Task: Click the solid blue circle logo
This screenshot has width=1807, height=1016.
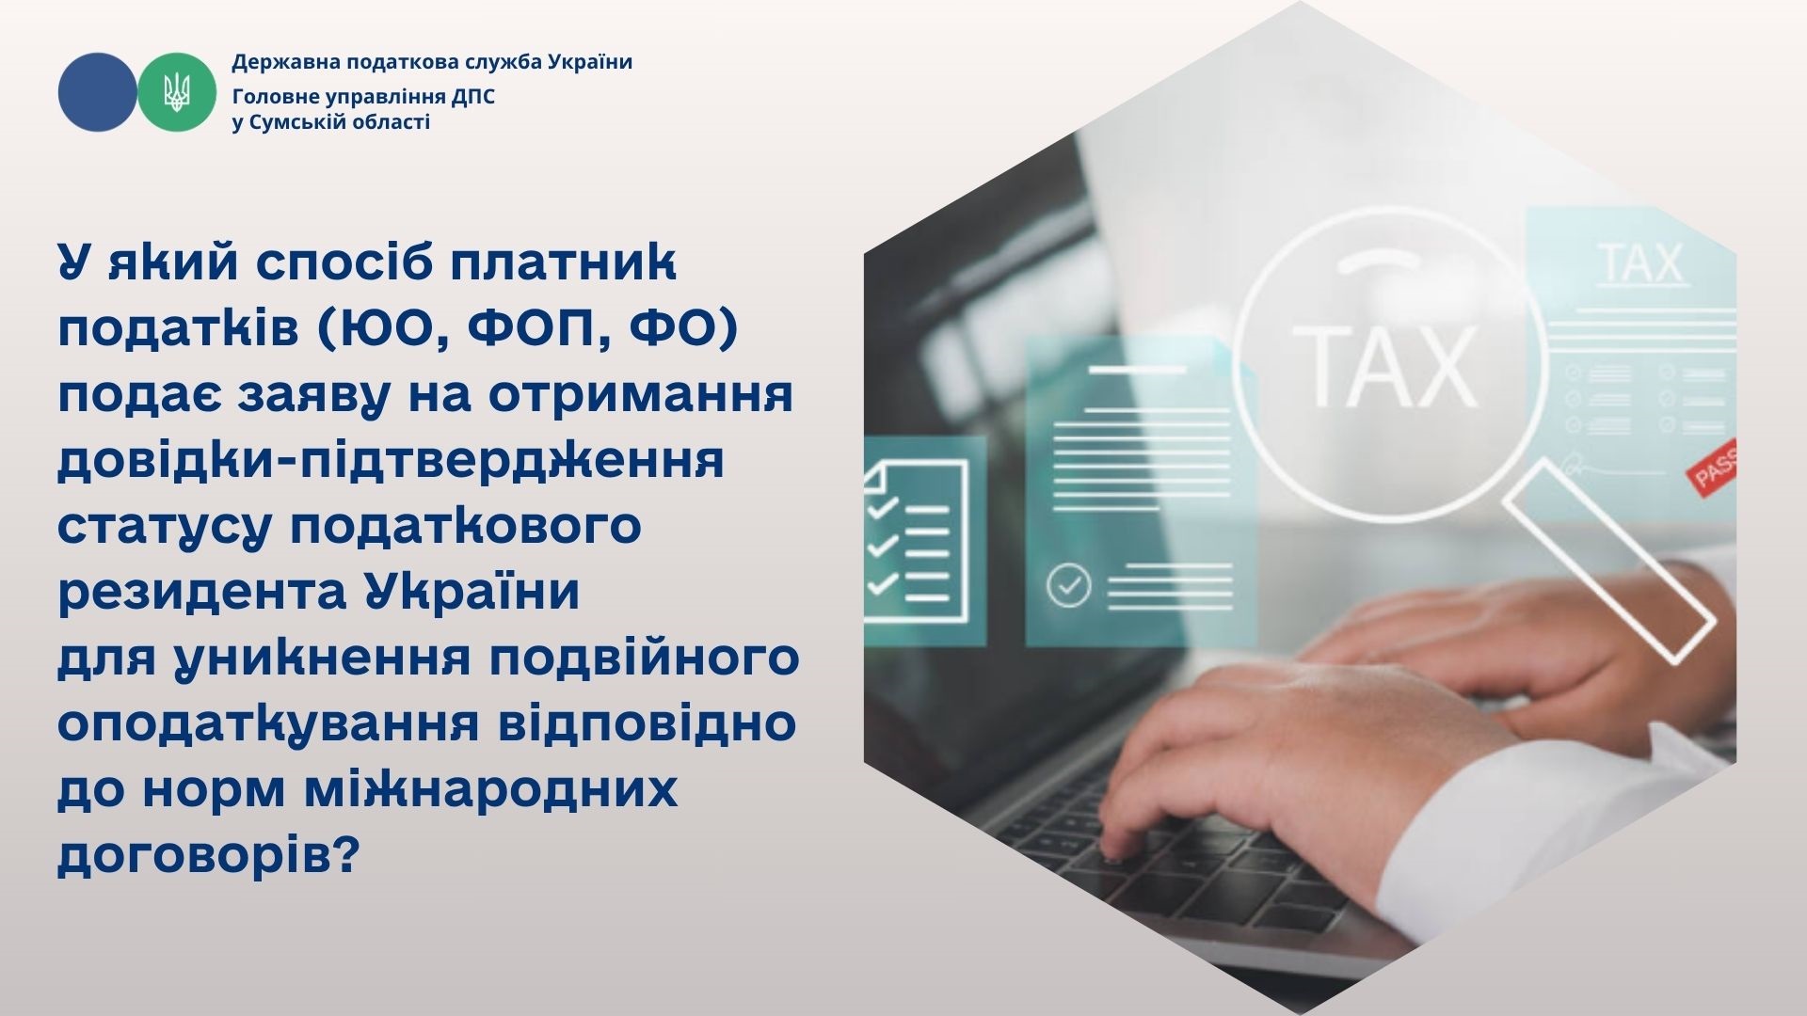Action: pos(97,91)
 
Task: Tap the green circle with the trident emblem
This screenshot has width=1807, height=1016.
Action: pos(177,91)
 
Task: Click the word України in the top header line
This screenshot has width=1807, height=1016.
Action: pos(589,62)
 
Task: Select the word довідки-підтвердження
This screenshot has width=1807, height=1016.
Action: pos(391,462)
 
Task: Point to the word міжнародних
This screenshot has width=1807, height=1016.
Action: pos(490,789)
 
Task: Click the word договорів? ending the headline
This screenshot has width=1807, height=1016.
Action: pos(209,856)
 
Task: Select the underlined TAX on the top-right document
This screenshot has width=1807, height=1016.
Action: pos(1639,263)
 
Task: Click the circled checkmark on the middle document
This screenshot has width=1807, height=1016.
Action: pos(1068,585)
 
